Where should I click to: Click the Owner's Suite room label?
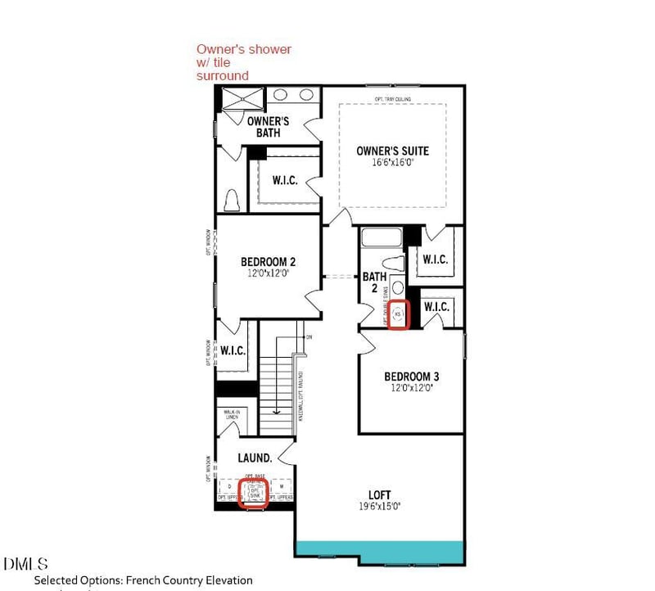(x=392, y=151)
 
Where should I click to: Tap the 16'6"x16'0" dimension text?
(x=392, y=163)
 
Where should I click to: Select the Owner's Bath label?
(x=268, y=127)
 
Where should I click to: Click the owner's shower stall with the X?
(x=242, y=99)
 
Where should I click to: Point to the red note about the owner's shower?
(x=243, y=62)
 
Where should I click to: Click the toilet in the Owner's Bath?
(x=232, y=199)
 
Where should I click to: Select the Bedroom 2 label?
(x=268, y=262)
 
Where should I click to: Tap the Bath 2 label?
(x=374, y=282)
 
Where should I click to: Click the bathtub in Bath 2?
(x=382, y=238)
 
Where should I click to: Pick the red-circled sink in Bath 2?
(x=399, y=314)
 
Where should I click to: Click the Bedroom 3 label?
(x=412, y=377)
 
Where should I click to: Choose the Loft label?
(x=379, y=494)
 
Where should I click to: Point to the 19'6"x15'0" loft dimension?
(x=379, y=507)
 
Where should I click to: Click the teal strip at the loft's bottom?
(x=379, y=552)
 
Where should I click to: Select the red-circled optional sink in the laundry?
(x=254, y=493)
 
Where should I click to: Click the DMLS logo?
(x=25, y=564)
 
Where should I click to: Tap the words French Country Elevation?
(x=189, y=580)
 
